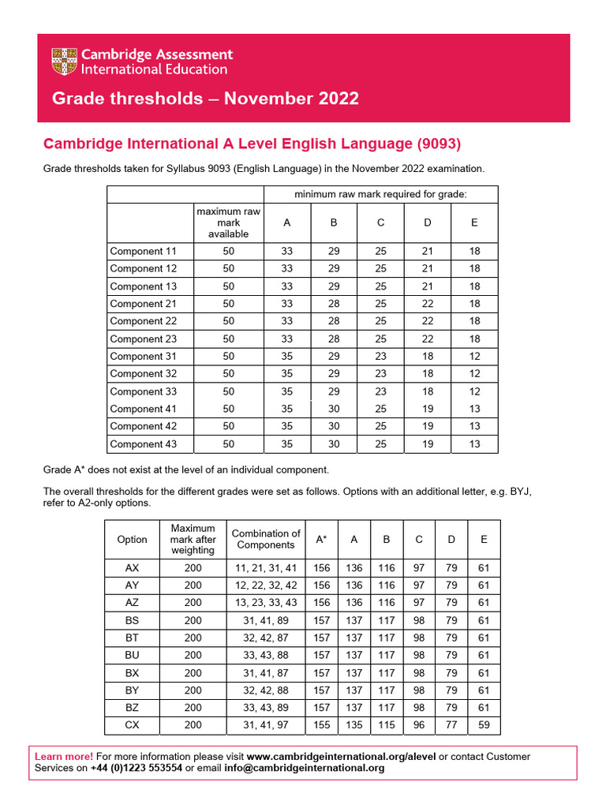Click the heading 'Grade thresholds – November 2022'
pos(205,99)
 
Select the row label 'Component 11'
pos(143,252)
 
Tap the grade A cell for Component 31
pos(286,357)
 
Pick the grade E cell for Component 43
pos(474,444)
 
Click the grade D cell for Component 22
pos(427,321)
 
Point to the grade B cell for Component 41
pos(334,409)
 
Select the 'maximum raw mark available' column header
pos(229,223)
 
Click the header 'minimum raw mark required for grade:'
pos(380,194)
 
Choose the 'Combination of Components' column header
pos(266,539)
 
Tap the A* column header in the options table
pos(322,539)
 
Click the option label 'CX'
pos(132,725)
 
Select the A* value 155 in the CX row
pos(322,725)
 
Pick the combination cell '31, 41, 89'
pos(266,621)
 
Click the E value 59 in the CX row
pos(484,725)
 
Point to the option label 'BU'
pos(132,656)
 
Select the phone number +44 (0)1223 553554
pos(136,769)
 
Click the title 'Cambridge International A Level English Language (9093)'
pos(252,144)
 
